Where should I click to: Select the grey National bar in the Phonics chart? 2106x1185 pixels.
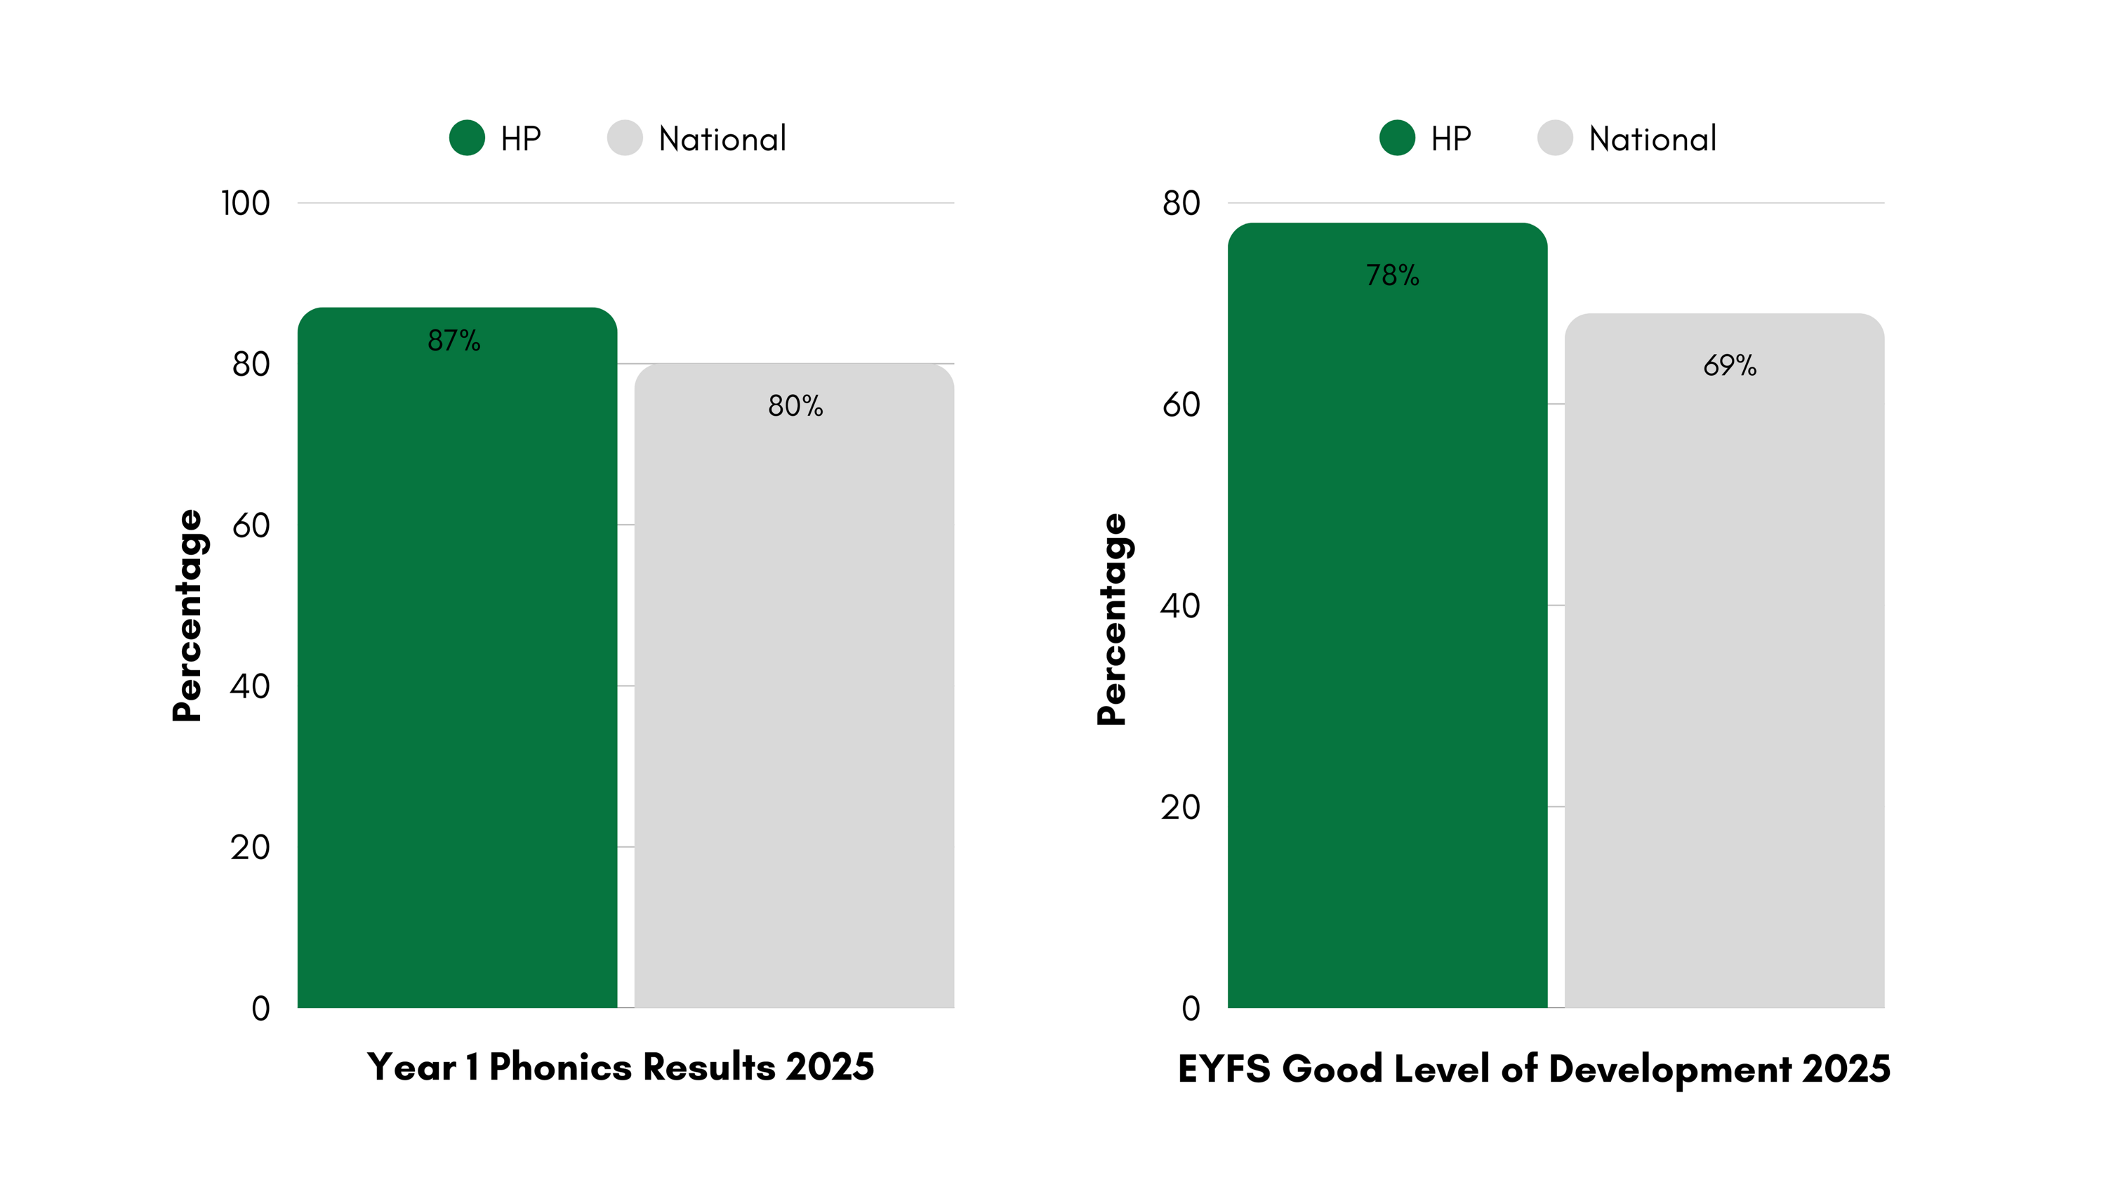click(794, 695)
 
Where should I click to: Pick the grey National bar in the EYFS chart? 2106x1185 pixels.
click(1724, 671)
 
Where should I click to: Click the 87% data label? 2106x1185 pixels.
click(453, 340)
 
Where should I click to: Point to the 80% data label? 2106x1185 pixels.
click(795, 405)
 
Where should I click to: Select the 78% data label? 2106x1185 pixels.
click(1392, 275)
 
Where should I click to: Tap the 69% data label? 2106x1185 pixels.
click(1729, 365)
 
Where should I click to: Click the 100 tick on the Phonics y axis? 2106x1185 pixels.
click(245, 204)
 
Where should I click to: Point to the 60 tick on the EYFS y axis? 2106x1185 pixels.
click(1181, 404)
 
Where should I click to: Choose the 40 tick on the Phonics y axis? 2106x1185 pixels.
click(249, 686)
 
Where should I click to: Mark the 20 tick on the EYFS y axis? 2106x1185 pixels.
click(1181, 807)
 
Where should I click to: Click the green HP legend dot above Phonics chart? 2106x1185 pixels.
click(467, 138)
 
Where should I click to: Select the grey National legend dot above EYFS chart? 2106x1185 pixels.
click(1555, 138)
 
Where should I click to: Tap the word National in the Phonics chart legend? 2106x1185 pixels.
click(722, 139)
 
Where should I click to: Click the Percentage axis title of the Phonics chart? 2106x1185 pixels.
click(187, 615)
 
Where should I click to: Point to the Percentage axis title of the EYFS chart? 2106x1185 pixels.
click(1112, 619)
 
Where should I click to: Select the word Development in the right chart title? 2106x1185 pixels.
click(1670, 1069)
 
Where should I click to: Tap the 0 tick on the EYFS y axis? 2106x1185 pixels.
click(1191, 1009)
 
